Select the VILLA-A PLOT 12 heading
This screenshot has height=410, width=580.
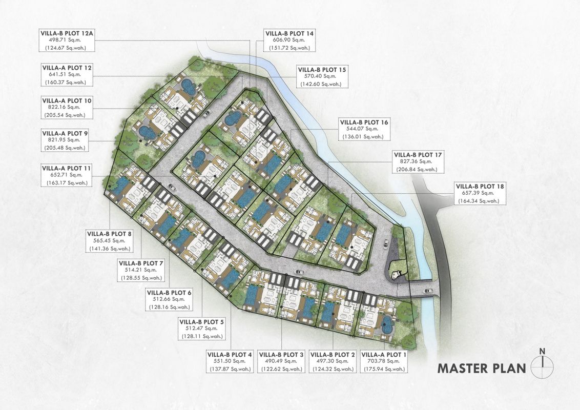pos(67,68)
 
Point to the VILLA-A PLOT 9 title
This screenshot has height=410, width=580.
pos(65,133)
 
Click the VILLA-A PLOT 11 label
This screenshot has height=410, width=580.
pos(67,169)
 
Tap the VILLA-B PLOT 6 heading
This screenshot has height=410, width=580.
pos(169,293)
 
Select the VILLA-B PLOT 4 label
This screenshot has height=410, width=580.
pos(230,355)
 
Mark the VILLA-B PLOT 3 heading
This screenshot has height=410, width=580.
pos(281,355)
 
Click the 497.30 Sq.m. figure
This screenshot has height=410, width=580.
pos(333,361)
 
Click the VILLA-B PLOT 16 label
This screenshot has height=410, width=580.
pos(364,122)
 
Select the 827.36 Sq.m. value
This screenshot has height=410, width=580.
pos(418,162)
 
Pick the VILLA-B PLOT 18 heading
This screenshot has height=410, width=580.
pos(480,187)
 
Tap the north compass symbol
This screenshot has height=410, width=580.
pos(542,364)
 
